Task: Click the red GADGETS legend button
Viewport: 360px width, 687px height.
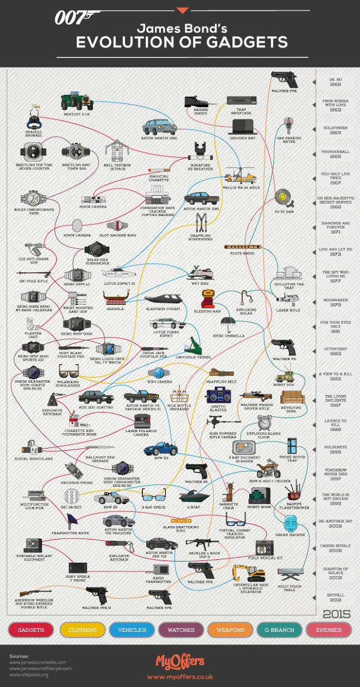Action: [x=31, y=630]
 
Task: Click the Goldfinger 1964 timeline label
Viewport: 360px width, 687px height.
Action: [x=335, y=131]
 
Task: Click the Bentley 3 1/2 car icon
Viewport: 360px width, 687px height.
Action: [x=76, y=102]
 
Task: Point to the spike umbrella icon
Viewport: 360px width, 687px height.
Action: [x=228, y=324]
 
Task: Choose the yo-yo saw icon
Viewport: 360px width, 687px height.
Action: [x=283, y=200]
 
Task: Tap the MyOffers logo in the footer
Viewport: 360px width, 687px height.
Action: [x=180, y=661]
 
